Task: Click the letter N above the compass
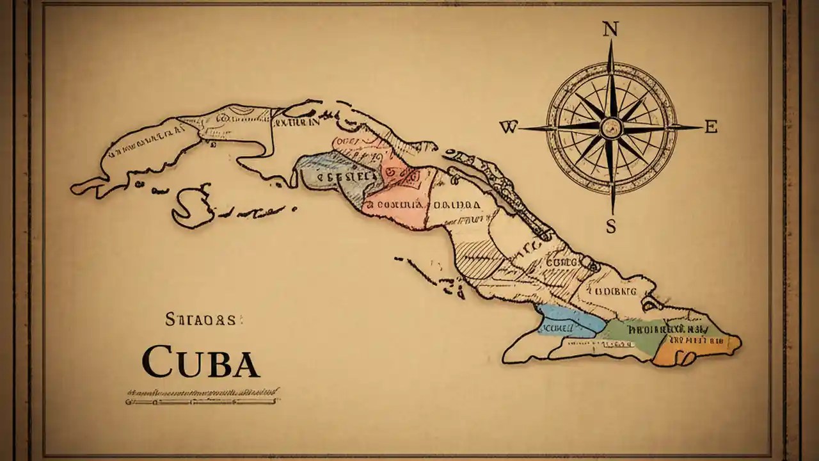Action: point(610,28)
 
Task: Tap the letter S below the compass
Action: point(611,226)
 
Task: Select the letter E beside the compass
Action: point(710,127)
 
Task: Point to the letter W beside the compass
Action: point(508,127)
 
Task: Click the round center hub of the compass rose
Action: point(611,127)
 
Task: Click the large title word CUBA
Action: point(201,362)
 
